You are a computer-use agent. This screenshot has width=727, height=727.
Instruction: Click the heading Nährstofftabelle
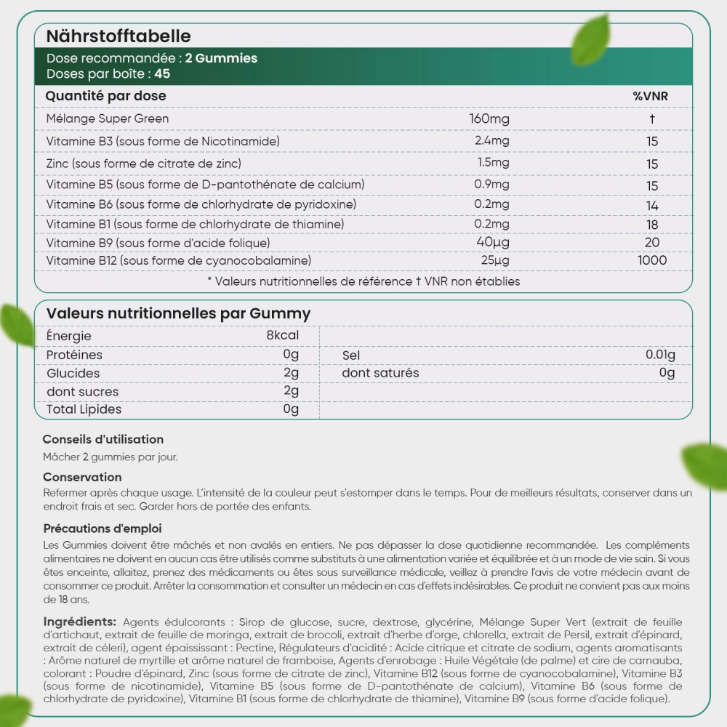[x=119, y=36]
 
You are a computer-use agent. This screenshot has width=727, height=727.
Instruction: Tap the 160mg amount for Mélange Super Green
[x=489, y=119]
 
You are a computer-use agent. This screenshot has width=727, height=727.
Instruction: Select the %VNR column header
[x=650, y=96]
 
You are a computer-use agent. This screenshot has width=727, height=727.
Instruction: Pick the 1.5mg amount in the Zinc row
[x=493, y=162]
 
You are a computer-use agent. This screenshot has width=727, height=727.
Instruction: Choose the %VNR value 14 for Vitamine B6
[x=651, y=206]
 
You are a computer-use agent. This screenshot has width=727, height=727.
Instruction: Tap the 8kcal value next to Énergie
[x=283, y=336]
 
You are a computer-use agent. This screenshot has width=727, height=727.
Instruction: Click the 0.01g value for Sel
[x=660, y=355]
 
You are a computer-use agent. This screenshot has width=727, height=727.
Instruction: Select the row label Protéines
[x=74, y=355]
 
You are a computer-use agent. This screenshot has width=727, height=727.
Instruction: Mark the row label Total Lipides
[x=84, y=409]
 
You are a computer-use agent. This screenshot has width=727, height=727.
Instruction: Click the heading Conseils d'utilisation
[x=103, y=439]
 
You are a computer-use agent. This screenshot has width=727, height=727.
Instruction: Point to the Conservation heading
[x=82, y=477]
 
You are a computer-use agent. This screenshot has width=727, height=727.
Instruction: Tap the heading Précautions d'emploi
[x=102, y=529]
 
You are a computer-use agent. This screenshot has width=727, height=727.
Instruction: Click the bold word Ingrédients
[x=79, y=622]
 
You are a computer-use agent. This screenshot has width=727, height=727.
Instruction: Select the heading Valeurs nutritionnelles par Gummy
[x=178, y=313]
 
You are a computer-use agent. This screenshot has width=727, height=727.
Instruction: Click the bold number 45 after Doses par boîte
[x=162, y=73]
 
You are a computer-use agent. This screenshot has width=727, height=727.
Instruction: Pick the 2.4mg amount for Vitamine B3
[x=492, y=140]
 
